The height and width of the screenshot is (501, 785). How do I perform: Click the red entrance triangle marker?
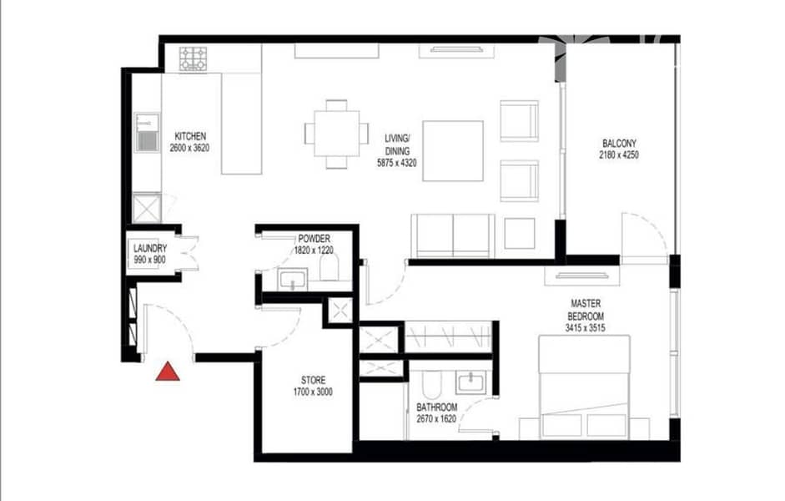pos(169,371)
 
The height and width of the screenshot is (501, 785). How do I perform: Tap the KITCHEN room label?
pos(189,137)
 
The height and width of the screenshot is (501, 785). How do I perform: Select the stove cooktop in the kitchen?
pos(194,58)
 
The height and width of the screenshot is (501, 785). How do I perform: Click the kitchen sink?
pos(147,132)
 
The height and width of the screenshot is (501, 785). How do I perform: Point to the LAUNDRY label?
pos(150,249)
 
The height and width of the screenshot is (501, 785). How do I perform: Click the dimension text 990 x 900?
pos(150,261)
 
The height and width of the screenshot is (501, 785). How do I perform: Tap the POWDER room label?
pos(313,239)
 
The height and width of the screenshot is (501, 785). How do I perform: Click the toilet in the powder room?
pos(328,269)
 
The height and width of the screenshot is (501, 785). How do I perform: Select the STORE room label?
pos(313,380)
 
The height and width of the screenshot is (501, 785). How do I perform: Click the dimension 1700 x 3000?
pos(313,392)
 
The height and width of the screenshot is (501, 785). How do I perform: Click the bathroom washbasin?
pos(470,383)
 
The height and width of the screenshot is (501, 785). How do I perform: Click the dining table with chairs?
pos(336,134)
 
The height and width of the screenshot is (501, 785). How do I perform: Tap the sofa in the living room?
pos(454,236)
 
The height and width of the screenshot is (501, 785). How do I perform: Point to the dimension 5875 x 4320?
pos(395,165)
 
